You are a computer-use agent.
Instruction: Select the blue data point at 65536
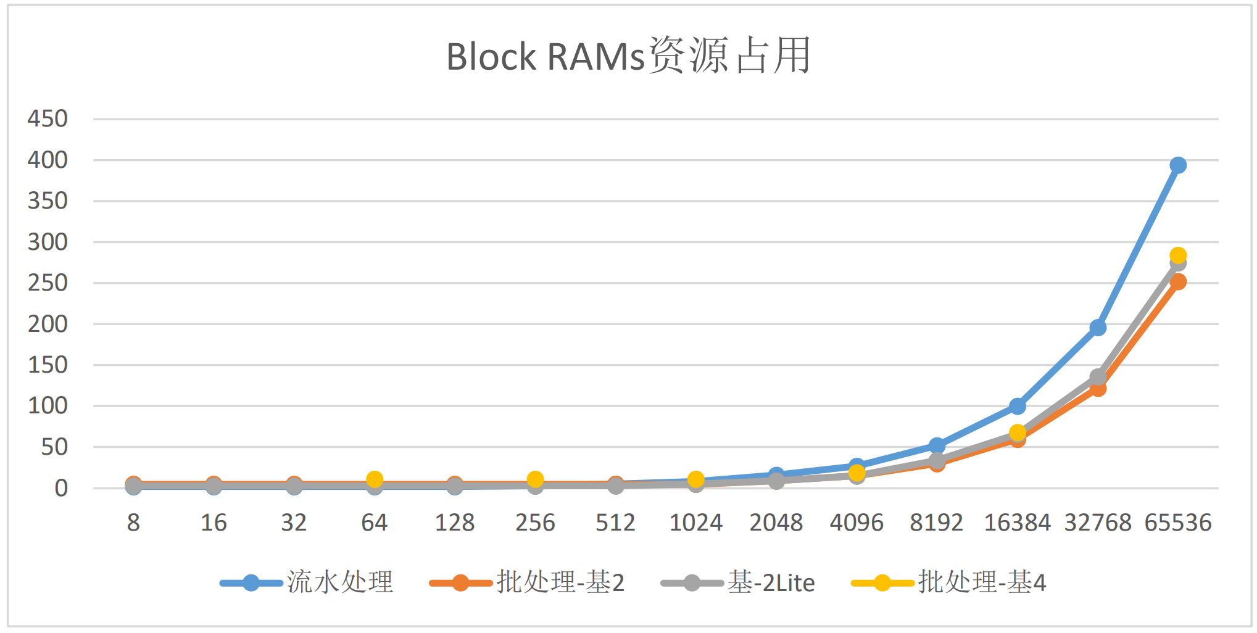pyautogui.click(x=1177, y=165)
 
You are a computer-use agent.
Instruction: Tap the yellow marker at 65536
pyautogui.click(x=1177, y=255)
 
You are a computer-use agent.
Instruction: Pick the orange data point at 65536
pyautogui.click(x=1177, y=282)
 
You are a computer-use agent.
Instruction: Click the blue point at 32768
pyautogui.click(x=1097, y=328)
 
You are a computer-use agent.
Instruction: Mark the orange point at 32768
pyautogui.click(x=1097, y=389)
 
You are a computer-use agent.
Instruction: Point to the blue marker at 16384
pyautogui.click(x=1017, y=406)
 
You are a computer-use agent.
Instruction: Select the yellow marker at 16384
pyautogui.click(x=1017, y=432)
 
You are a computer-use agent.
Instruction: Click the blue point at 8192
pyautogui.click(x=937, y=445)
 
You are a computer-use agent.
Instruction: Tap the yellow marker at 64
pyautogui.click(x=375, y=479)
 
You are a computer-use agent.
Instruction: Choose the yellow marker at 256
pyautogui.click(x=535, y=479)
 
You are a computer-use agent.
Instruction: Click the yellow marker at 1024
pyautogui.click(x=695, y=479)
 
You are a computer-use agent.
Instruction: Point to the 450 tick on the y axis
pyautogui.click(x=48, y=118)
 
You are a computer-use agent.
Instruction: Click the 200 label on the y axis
pyautogui.click(x=48, y=324)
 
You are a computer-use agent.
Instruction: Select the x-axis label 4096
pyautogui.click(x=856, y=523)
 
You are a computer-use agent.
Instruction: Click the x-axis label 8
pyautogui.click(x=133, y=523)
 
